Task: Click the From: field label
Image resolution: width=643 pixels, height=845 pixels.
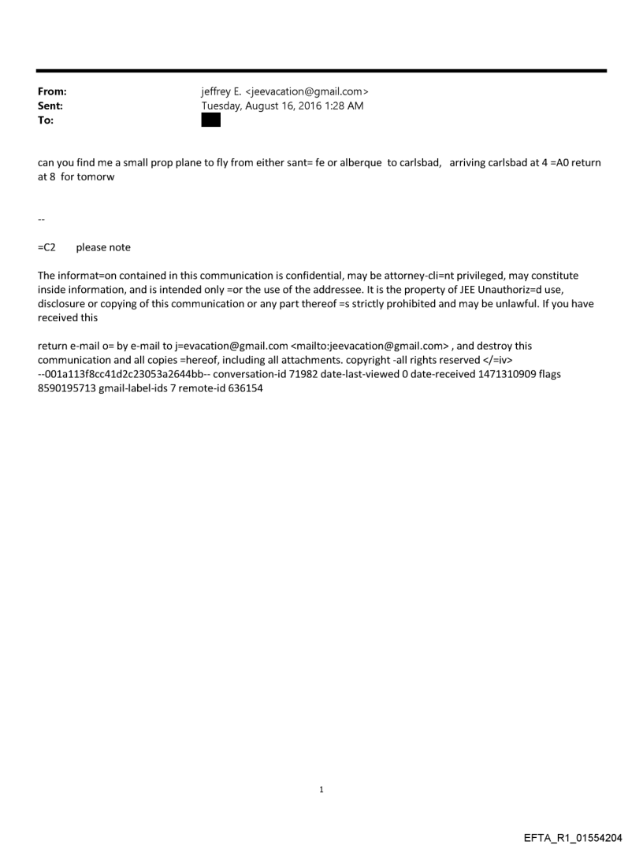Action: (x=52, y=92)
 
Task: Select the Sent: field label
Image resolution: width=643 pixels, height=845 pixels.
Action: (x=50, y=106)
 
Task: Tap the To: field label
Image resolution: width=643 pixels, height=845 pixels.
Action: (x=46, y=120)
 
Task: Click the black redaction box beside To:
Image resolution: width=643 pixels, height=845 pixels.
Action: (x=211, y=120)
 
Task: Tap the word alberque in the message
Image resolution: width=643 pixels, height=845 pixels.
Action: (x=360, y=163)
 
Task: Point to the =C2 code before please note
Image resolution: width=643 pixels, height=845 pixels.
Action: (x=46, y=247)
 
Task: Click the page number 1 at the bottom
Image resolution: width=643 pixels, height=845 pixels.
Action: (x=321, y=788)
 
